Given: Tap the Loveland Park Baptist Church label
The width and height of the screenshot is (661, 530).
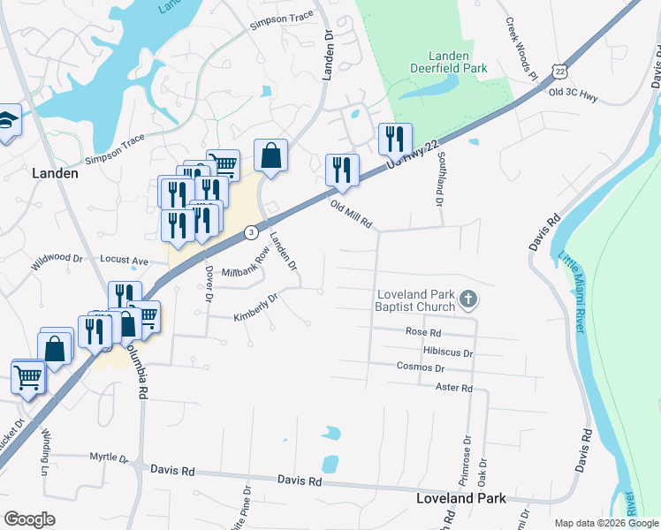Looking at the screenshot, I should [413, 300].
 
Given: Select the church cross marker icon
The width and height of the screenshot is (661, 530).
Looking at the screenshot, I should [468, 302].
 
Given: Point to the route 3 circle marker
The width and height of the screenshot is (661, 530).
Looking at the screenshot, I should [252, 232].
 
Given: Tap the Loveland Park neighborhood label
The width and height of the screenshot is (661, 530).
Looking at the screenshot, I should [461, 498].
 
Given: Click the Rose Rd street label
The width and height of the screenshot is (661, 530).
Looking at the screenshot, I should [423, 332].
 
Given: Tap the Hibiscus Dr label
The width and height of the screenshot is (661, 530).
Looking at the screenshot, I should [448, 352].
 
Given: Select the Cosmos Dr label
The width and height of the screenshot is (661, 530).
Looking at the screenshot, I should [420, 367].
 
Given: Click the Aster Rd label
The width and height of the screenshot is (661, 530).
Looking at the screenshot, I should [454, 388].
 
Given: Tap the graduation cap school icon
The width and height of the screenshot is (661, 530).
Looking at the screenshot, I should [6, 121].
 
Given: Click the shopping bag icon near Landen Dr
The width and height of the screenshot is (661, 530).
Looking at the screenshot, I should [270, 156].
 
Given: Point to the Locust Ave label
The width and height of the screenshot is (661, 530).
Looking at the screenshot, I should [125, 261].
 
